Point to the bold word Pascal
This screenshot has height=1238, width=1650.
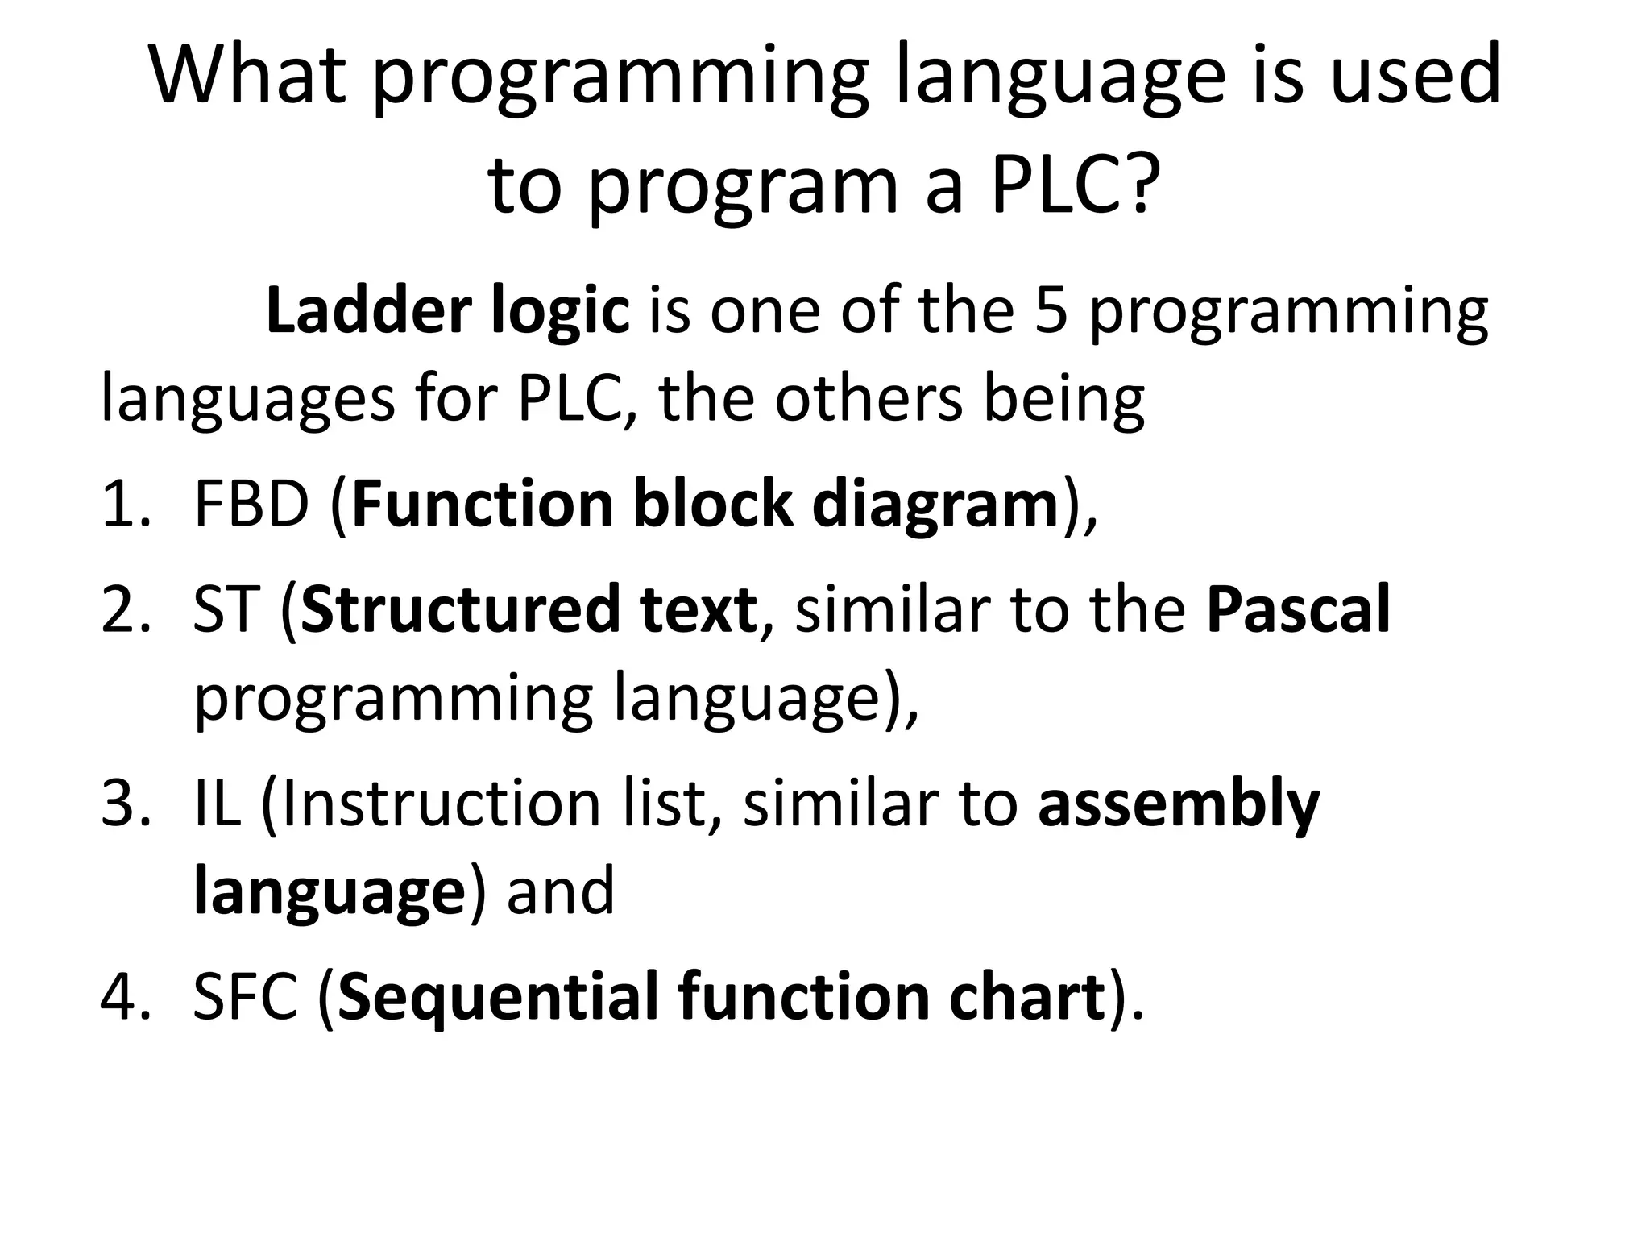(x=1298, y=609)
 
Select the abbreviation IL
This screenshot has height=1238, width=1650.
(x=217, y=803)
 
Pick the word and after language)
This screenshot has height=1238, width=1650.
(x=561, y=891)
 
